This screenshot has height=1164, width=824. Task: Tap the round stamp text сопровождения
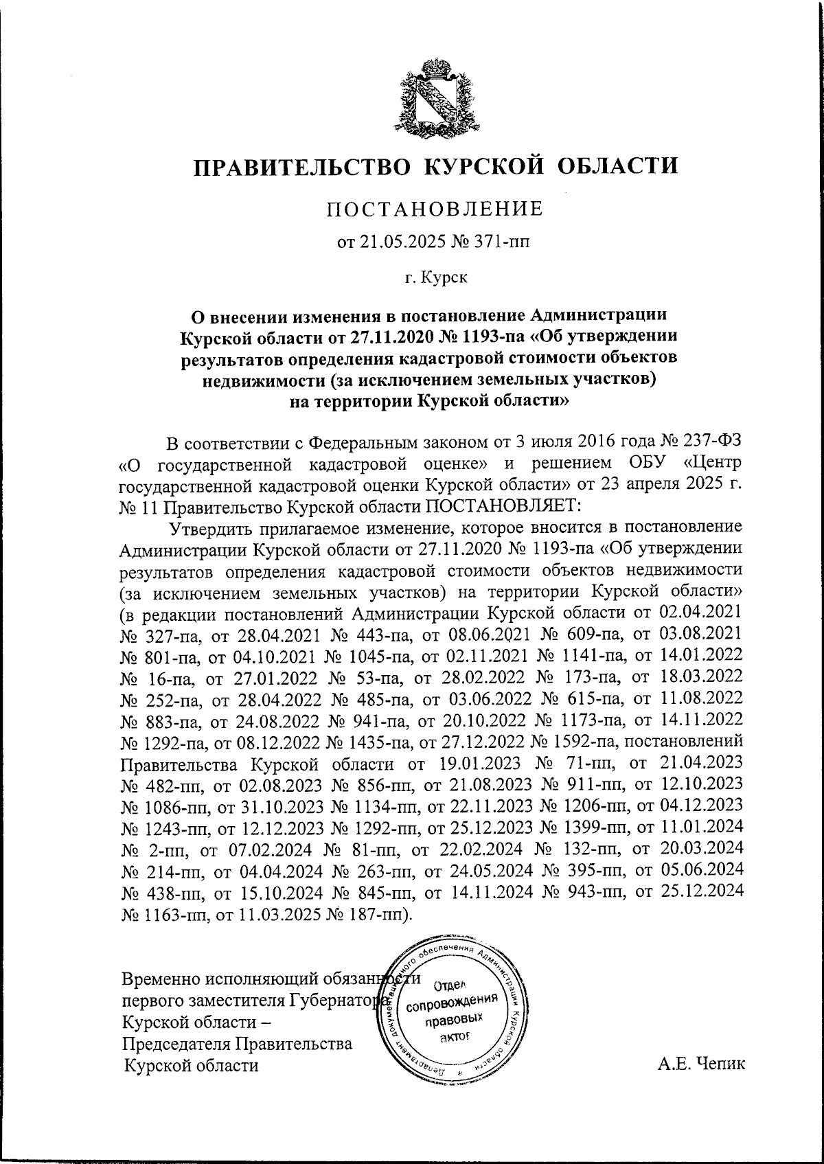[x=452, y=1005]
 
